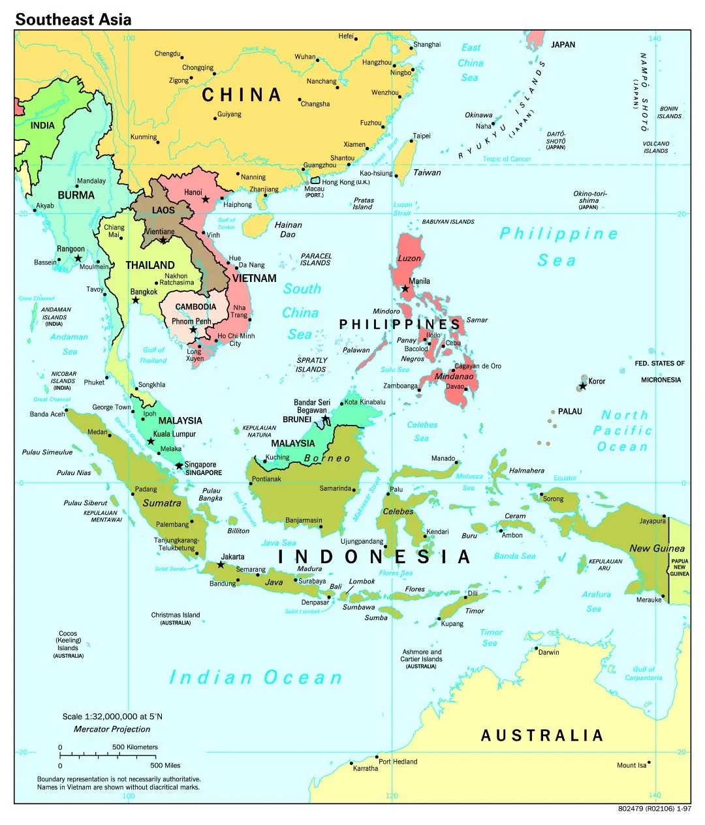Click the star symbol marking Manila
[x=405, y=288]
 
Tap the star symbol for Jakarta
[x=221, y=565]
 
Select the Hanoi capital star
[x=206, y=199]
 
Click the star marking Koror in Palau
[x=583, y=386]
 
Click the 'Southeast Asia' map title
[x=73, y=20]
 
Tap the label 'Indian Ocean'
[x=255, y=677]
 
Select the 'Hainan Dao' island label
[x=288, y=229]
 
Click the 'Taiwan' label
[x=427, y=172]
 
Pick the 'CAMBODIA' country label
[x=196, y=307]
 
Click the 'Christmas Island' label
[x=176, y=615]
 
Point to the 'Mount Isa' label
[x=631, y=765]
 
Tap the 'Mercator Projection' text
[x=112, y=729]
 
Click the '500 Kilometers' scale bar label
[x=135, y=747]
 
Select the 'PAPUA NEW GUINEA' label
[x=680, y=567]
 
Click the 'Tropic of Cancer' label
[x=507, y=159]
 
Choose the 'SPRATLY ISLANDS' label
[x=311, y=365]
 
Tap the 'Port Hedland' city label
[x=398, y=762]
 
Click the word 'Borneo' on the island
[x=327, y=458]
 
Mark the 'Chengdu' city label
[x=167, y=54]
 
